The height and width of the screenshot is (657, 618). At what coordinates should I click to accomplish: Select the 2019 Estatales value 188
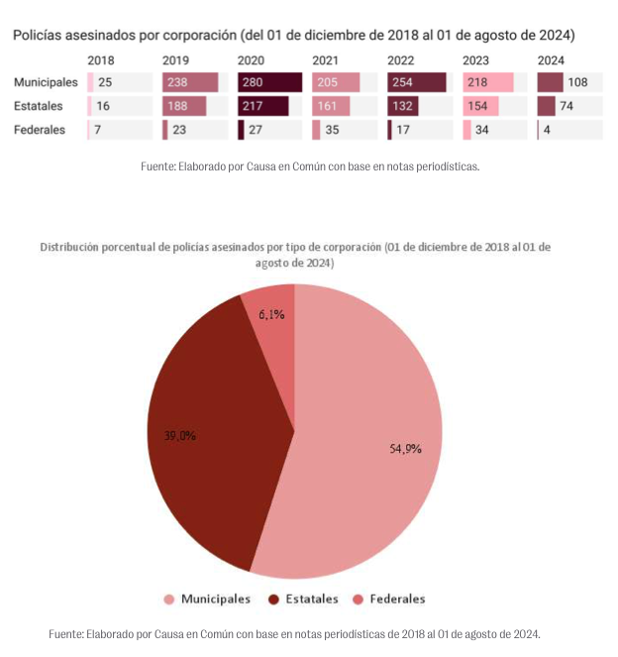click(179, 106)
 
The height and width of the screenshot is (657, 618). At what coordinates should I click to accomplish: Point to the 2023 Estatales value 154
click(478, 106)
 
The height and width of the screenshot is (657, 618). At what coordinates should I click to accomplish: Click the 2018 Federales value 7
click(98, 130)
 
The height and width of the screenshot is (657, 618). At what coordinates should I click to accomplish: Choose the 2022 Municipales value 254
click(404, 82)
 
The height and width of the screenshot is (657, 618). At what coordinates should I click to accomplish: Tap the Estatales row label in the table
click(42, 106)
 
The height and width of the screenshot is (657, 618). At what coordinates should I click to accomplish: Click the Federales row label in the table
click(42, 130)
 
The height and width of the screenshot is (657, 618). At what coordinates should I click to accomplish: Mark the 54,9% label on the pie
click(406, 449)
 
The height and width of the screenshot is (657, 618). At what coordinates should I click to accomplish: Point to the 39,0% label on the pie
click(179, 435)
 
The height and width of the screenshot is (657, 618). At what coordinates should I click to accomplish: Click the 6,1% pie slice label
click(271, 314)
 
